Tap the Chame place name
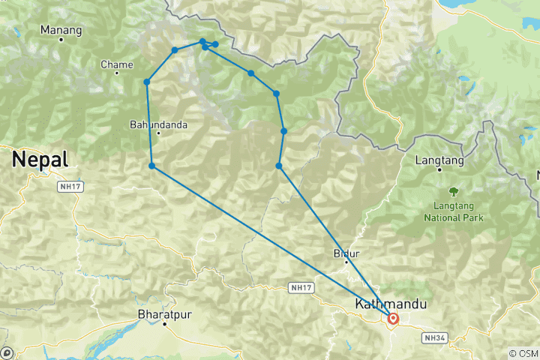[116, 64]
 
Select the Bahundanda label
[158, 124]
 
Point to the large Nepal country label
[40, 159]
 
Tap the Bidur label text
[346, 253]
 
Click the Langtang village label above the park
[439, 160]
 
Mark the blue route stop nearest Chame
[147, 82]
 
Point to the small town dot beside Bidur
[346, 262]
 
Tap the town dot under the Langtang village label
[439, 169]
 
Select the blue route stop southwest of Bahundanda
[152, 166]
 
